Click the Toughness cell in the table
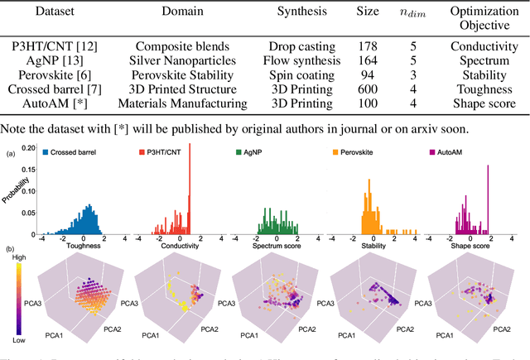(484, 89)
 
